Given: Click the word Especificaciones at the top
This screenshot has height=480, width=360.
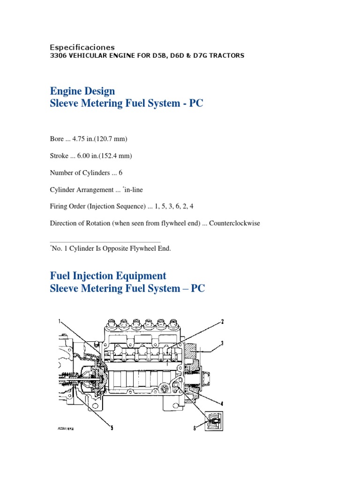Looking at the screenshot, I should coord(82,47).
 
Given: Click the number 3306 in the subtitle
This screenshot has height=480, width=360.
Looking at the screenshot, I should coord(59,56).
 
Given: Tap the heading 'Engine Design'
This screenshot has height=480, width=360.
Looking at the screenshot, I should coord(82,90).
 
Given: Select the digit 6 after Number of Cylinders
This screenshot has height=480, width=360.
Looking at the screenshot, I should coord(120,172).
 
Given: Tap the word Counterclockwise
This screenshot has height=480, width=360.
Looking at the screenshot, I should coord(234,223).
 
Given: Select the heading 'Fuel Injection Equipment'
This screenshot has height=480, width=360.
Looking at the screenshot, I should coord(108,276).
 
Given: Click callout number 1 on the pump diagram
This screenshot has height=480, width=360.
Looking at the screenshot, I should coord(60,322).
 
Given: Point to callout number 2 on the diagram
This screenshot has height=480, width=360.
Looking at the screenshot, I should coord(223,322).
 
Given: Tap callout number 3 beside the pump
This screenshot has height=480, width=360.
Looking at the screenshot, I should coord(223,343).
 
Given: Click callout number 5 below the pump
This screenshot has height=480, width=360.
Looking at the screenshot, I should coord(112,427).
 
